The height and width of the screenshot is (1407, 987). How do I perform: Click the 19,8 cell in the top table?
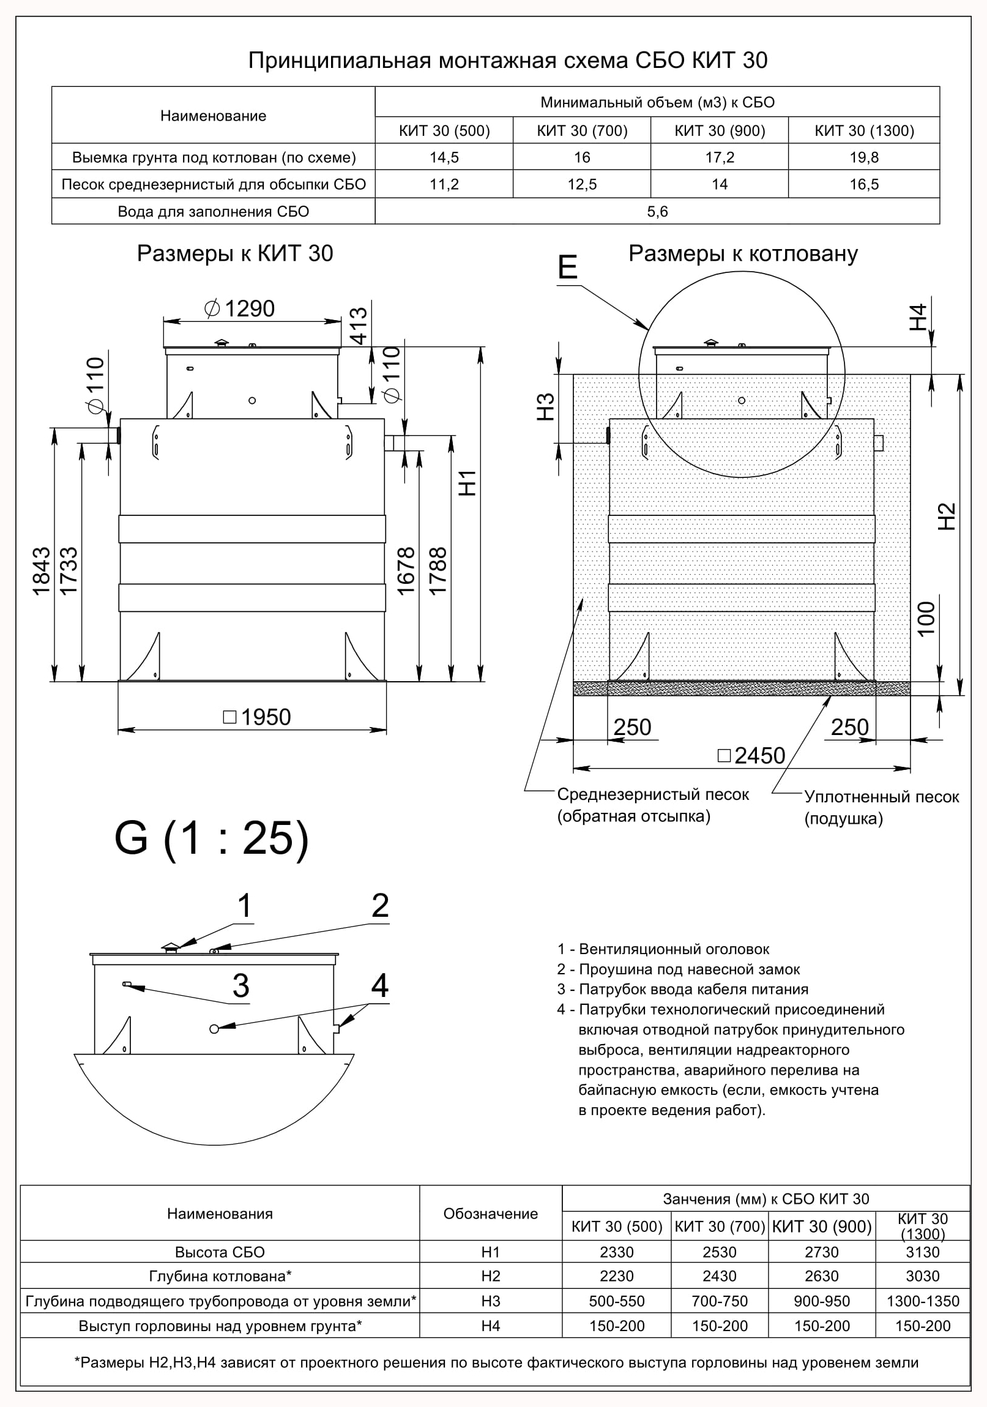tap(864, 157)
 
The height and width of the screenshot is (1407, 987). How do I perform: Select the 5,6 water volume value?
tap(657, 211)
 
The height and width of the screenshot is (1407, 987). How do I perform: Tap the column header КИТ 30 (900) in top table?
tap(719, 130)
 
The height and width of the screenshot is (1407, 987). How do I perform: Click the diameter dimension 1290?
tap(240, 308)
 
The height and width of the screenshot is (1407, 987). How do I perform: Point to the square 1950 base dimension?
tap(258, 717)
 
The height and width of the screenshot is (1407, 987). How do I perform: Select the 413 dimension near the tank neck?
tap(358, 326)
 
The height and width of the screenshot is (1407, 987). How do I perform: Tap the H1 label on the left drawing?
tap(468, 483)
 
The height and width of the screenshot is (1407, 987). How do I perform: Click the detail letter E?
tap(567, 267)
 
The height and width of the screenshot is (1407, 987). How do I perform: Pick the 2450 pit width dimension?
tap(752, 756)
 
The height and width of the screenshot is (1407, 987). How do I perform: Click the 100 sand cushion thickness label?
tap(926, 619)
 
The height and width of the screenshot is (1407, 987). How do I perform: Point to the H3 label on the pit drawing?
tap(545, 407)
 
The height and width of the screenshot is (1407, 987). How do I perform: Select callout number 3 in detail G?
tap(240, 986)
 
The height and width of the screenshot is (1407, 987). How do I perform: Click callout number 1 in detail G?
tap(244, 905)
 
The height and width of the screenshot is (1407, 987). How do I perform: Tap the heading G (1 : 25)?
tap(211, 838)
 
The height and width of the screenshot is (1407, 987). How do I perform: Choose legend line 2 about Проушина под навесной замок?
tap(678, 969)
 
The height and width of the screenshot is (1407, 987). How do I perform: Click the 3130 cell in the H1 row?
tap(923, 1252)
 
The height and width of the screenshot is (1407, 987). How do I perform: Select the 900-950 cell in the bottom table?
tap(822, 1301)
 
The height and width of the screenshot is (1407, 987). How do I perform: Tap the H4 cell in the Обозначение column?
tap(491, 1326)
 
